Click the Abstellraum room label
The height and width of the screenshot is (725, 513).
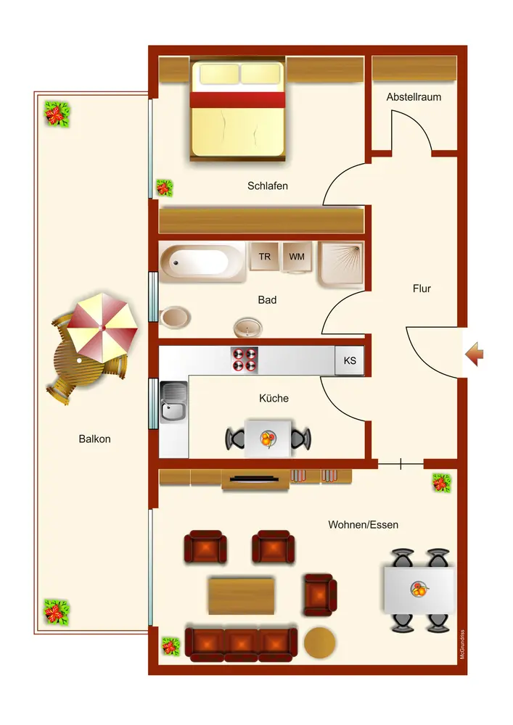coord(414,96)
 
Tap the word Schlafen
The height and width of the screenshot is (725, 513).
coord(268,186)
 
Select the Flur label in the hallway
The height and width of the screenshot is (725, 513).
coord(422,289)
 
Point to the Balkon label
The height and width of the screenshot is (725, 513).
coord(94,439)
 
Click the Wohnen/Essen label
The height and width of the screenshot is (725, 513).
coord(363,525)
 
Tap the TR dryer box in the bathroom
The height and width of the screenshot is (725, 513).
coord(265,257)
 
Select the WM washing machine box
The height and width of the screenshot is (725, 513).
coord(297,257)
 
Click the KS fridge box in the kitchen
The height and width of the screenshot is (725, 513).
coord(350,361)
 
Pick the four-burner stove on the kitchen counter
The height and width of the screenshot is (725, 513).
coord(245,360)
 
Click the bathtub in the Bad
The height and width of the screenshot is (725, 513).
coord(203,262)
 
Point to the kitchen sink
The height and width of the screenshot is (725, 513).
coord(173,402)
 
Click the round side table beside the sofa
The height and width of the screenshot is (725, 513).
coord(319,642)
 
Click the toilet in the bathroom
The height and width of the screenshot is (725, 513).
coord(176,317)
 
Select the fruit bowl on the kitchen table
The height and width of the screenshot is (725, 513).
coord(268,439)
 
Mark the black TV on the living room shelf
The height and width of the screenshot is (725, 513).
coord(254,478)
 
